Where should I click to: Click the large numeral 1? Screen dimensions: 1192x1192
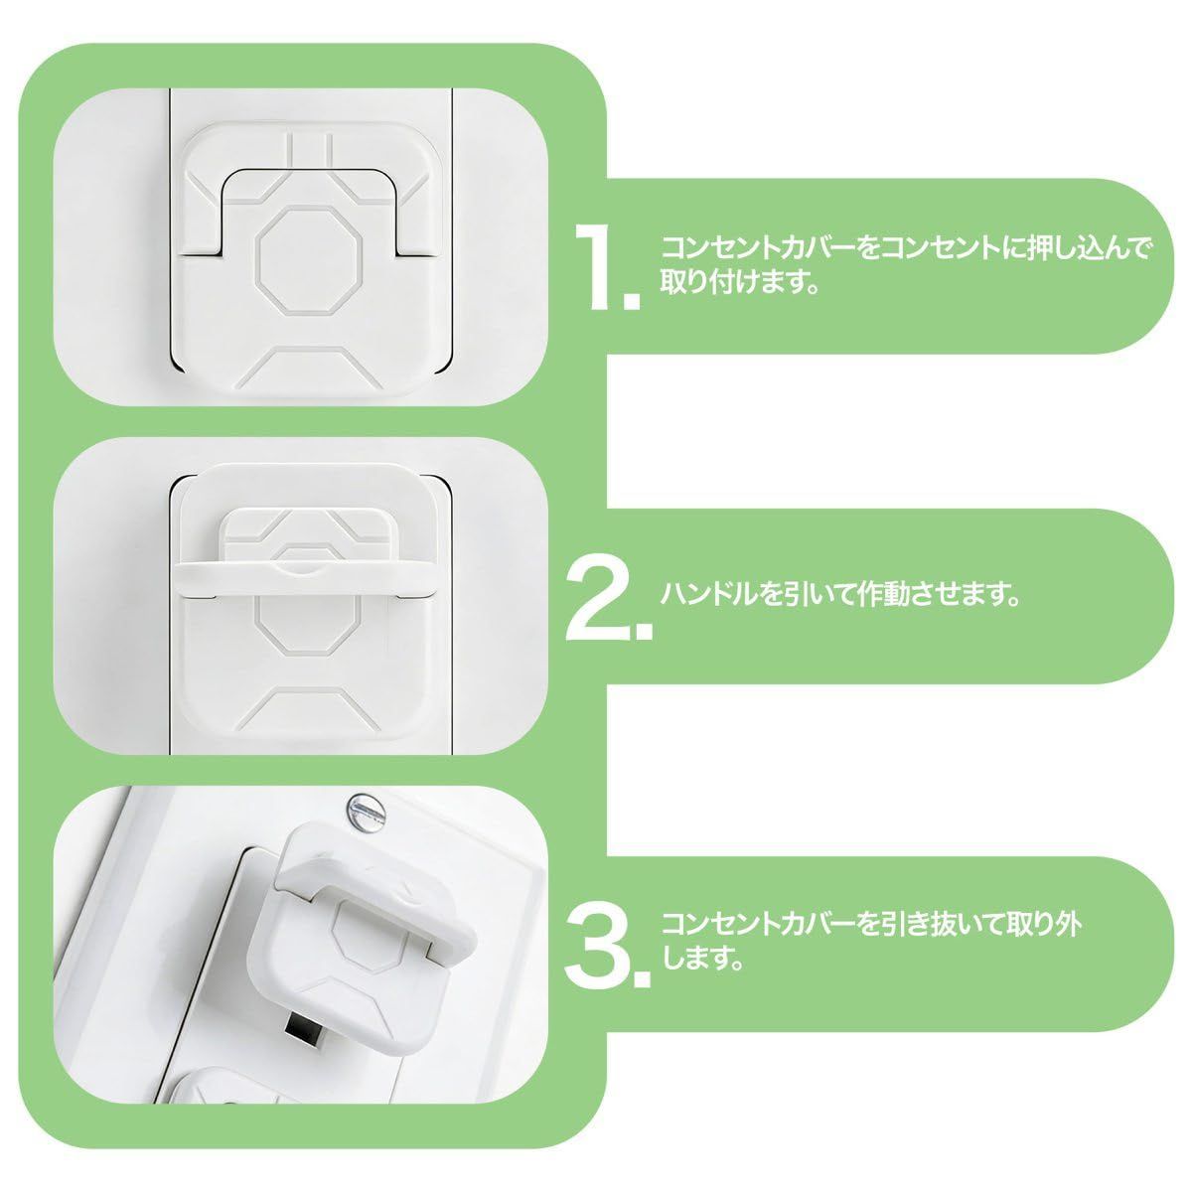[x=595, y=266]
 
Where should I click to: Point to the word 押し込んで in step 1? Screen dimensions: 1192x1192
[x=1087, y=248]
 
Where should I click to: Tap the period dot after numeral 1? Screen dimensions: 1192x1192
[x=631, y=301]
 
